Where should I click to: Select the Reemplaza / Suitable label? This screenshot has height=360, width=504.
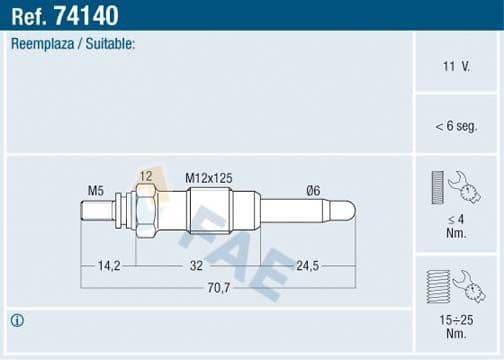click(x=73, y=45)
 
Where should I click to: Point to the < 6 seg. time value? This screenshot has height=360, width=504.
click(x=456, y=125)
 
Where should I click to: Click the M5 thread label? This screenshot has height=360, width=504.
click(x=96, y=190)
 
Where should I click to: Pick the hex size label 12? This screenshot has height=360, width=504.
click(x=146, y=177)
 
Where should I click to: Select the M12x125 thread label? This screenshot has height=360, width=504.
click(x=209, y=177)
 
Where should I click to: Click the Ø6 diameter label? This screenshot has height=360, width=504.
click(x=314, y=190)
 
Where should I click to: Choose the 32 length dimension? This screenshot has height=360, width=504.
click(x=196, y=266)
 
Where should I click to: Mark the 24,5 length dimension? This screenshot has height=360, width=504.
click(x=308, y=266)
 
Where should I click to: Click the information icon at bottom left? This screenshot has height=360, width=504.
click(x=17, y=320)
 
